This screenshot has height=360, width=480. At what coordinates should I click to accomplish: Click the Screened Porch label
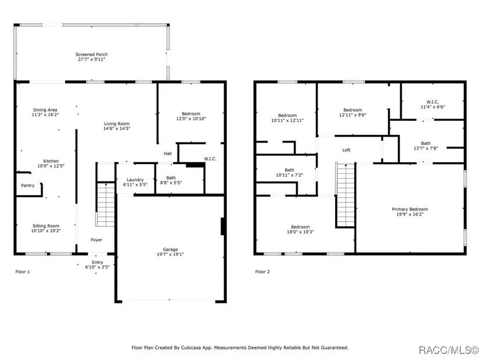point(91,55)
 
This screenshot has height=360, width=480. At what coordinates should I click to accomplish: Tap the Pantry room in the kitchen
point(28,184)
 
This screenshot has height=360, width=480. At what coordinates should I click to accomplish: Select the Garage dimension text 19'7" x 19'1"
point(170,254)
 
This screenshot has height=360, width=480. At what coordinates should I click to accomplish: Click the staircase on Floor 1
point(106,205)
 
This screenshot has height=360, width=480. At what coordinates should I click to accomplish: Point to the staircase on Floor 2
point(345,195)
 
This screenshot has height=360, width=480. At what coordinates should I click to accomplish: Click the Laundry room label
point(135,180)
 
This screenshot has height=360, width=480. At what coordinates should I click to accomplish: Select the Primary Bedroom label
point(410,209)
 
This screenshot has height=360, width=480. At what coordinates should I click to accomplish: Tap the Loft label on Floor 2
point(346,150)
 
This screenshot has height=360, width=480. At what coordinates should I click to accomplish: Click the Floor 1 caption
point(23,272)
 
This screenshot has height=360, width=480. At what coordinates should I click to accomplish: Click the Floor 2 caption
point(262,272)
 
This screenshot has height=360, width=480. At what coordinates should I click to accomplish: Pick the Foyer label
point(97,240)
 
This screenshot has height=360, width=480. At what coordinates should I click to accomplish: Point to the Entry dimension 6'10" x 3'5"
point(97,267)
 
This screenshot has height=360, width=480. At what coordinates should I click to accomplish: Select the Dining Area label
point(45,110)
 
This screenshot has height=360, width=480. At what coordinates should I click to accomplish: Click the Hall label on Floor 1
point(168,154)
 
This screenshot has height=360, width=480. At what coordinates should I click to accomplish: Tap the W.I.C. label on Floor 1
point(210,159)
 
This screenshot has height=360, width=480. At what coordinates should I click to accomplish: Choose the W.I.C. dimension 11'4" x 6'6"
point(432,107)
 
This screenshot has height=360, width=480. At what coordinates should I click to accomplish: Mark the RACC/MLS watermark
point(449,350)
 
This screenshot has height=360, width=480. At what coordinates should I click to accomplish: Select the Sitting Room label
point(46,226)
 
